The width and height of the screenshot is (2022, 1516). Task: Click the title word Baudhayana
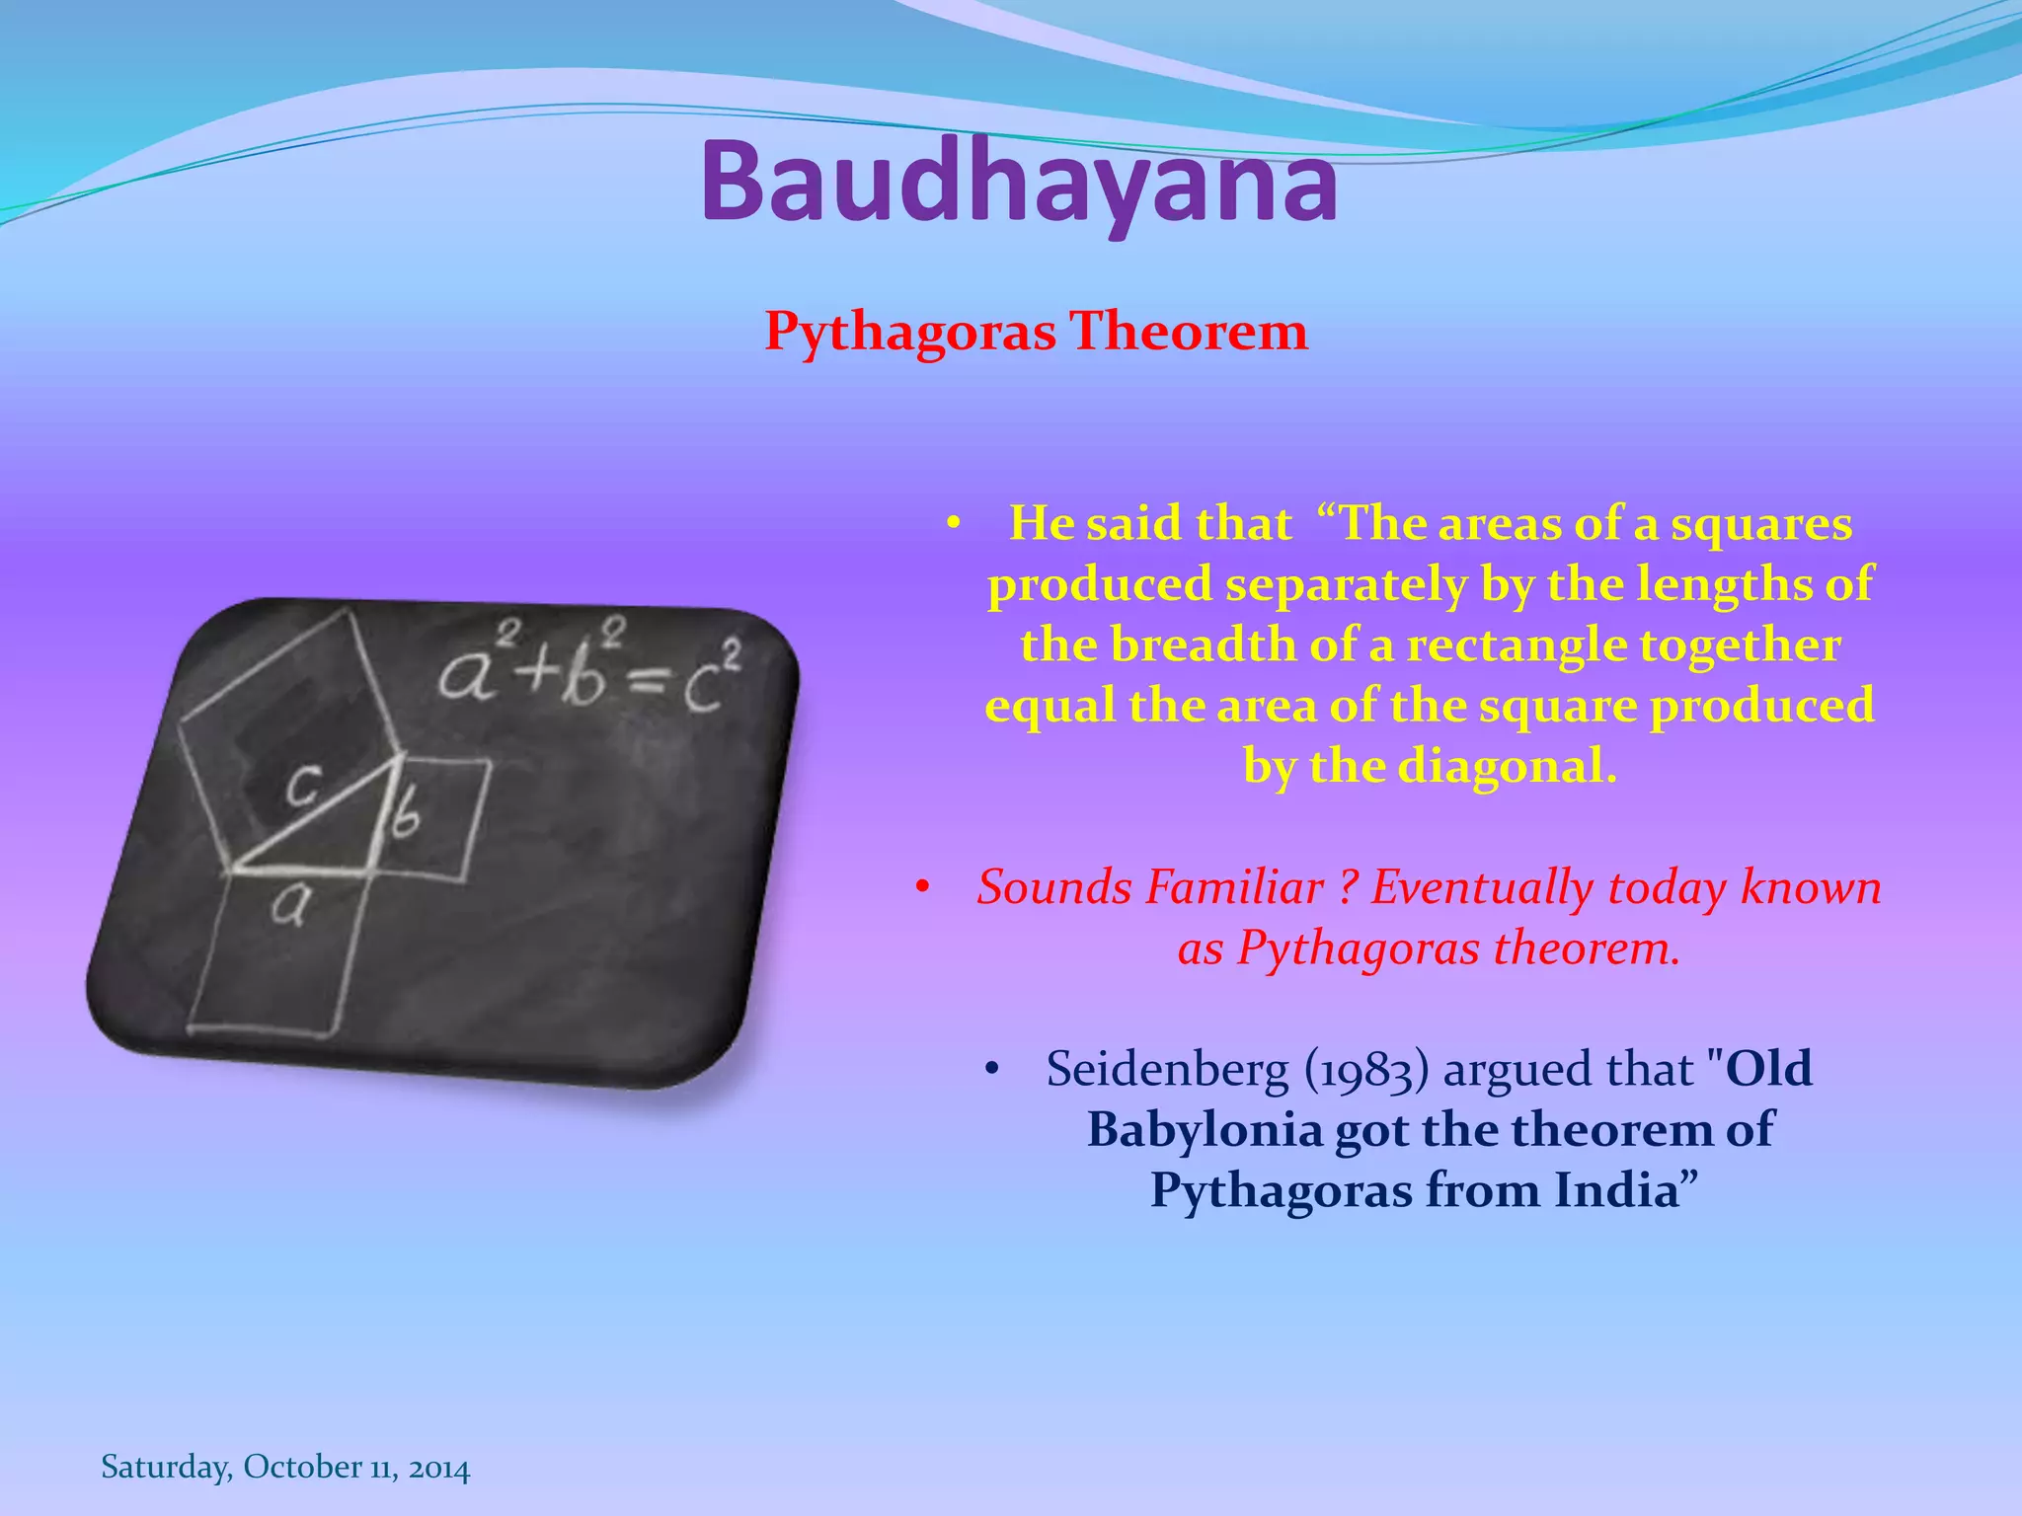click(1019, 183)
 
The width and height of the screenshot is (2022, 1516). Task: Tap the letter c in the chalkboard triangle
click(303, 787)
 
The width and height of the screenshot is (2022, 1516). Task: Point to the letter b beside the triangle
click(406, 816)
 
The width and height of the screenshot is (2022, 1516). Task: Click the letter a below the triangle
click(288, 904)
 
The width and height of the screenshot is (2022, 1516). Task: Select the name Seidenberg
click(1167, 1070)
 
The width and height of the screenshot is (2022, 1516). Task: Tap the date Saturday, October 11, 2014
click(285, 1467)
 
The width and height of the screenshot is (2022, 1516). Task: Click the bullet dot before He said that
click(952, 525)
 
